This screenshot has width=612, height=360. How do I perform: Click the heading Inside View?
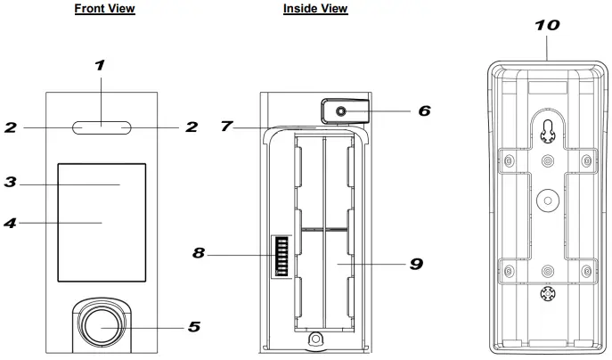pyautogui.click(x=315, y=9)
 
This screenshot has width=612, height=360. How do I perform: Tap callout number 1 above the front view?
pyautogui.click(x=100, y=65)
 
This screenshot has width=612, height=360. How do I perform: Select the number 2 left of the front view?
pyautogui.click(x=11, y=127)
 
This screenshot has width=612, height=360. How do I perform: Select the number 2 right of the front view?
pyautogui.click(x=191, y=127)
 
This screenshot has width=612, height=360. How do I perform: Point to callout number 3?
pyautogui.click(x=11, y=183)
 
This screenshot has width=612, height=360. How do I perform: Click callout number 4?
pyautogui.click(x=11, y=223)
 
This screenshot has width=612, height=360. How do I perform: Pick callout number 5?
pyautogui.click(x=194, y=327)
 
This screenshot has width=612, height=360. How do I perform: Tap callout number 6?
pyautogui.click(x=424, y=111)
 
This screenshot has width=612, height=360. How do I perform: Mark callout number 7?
pyautogui.click(x=227, y=127)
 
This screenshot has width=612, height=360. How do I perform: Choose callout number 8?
pyautogui.click(x=200, y=254)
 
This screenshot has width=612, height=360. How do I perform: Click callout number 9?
pyautogui.click(x=416, y=265)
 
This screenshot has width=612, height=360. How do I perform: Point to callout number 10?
pyautogui.click(x=547, y=25)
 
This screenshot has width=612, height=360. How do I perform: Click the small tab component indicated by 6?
pyautogui.click(x=340, y=111)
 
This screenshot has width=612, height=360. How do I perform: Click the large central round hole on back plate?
pyautogui.click(x=547, y=200)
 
